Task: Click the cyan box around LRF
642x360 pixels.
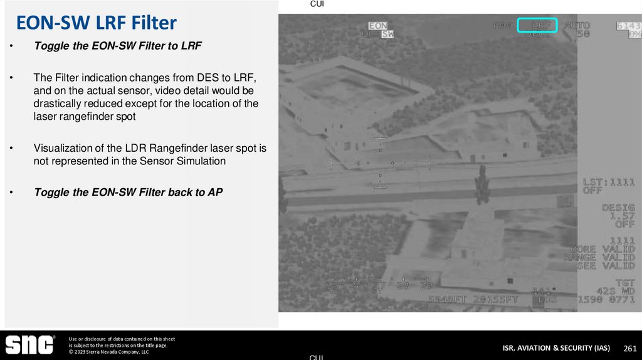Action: (537, 26)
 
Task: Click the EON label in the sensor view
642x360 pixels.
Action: (377, 26)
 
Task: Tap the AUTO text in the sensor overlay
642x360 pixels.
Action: (577, 26)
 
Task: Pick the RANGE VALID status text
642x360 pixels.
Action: (599, 257)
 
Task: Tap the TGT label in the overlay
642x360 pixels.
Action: (625, 283)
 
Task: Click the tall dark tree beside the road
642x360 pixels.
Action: (481, 188)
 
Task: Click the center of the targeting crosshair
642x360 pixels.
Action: (380, 162)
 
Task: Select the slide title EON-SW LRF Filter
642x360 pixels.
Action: (96, 24)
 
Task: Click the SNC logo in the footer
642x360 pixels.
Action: (30, 345)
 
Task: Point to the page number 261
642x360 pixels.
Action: (629, 348)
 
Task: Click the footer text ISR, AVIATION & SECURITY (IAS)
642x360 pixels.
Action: (556, 348)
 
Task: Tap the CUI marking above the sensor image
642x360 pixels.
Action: (317, 4)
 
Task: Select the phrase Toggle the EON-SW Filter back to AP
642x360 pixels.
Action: (128, 193)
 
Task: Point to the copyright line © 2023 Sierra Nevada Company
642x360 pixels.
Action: (108, 352)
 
